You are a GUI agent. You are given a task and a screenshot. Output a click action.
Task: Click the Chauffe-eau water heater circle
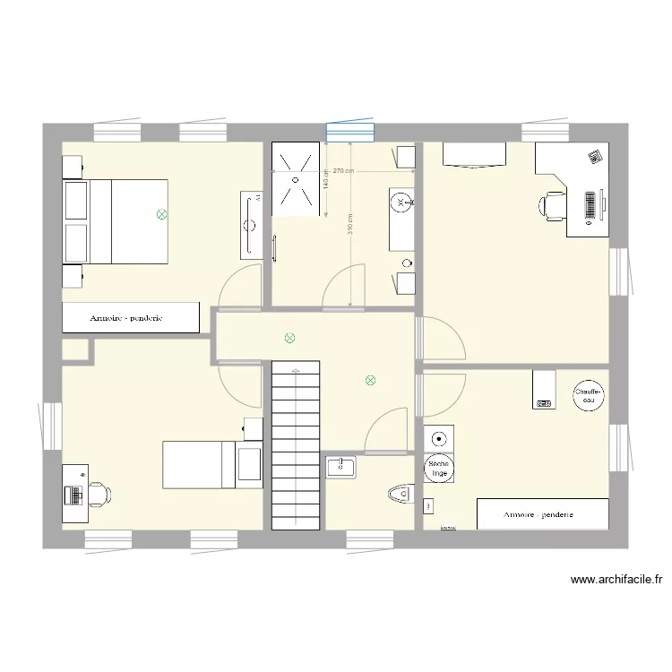(589, 395)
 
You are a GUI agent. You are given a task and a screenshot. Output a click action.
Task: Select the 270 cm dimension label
(343, 170)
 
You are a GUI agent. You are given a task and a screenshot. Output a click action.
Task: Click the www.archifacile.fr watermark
(616, 580)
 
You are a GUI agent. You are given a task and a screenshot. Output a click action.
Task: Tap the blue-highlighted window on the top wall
(349, 132)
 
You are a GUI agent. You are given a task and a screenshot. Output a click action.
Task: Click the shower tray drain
(294, 177)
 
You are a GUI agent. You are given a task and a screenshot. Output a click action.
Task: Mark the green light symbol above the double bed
(161, 214)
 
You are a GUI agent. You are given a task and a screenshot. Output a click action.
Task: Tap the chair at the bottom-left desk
(97, 492)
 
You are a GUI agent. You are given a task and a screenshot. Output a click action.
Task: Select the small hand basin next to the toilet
(341, 466)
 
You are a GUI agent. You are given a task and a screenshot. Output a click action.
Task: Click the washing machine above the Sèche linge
(438, 439)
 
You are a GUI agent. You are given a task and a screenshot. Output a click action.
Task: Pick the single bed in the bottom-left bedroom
(211, 464)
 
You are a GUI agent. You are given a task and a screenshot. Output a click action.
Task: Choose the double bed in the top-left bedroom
(116, 221)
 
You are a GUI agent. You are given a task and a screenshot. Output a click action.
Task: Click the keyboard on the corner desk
(590, 205)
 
